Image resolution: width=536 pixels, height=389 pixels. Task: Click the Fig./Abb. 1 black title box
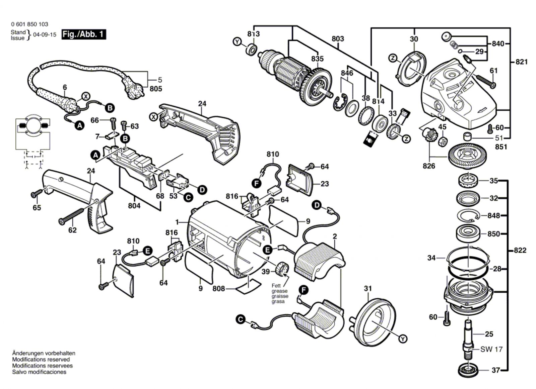[84, 34]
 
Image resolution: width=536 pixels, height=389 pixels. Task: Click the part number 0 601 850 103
[29, 24]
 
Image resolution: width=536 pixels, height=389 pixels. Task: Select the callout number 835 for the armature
[317, 59]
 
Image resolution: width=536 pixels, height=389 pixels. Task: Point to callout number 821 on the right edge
[521, 62]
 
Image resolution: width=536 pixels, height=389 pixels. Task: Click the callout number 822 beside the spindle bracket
[520, 250]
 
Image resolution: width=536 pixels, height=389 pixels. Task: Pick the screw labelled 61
[486, 81]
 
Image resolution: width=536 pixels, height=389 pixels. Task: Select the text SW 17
[491, 349]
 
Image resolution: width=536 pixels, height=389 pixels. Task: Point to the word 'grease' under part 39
[279, 291]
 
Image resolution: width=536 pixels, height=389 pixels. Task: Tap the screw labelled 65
[37, 193]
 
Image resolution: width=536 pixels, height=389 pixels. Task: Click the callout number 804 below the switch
[134, 205]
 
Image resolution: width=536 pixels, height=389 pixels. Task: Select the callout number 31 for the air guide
[368, 288]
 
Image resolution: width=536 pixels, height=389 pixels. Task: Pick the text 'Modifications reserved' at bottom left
[41, 359]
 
